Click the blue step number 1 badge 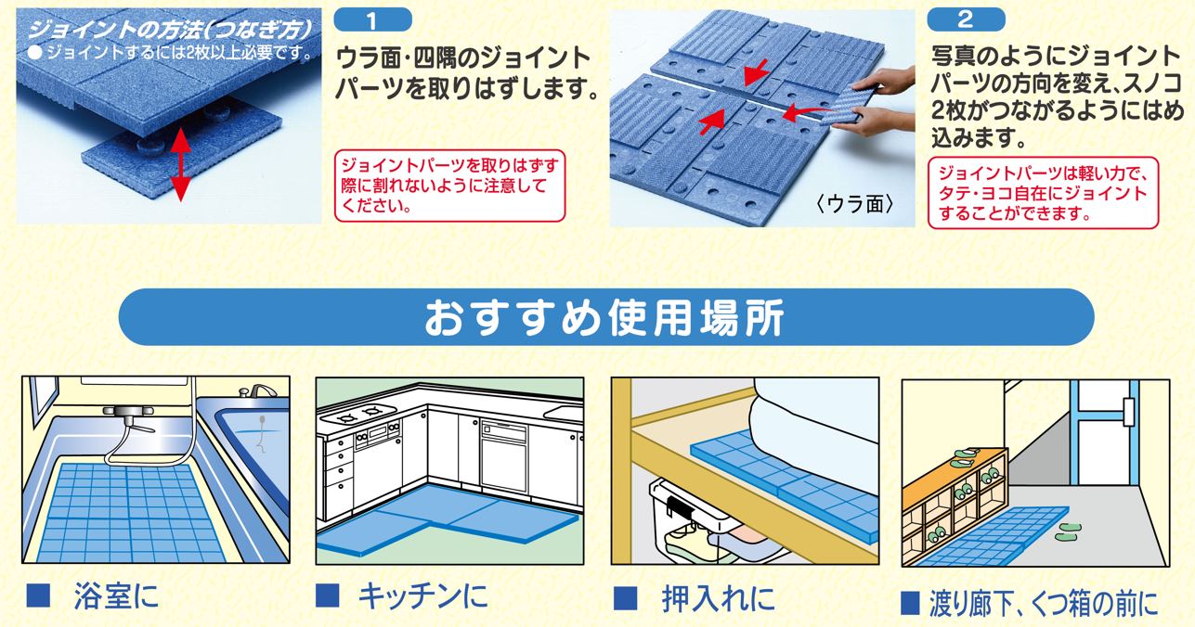point(372,20)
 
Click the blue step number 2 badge point(966,20)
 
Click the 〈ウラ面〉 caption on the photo point(854,203)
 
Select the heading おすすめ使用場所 point(604,317)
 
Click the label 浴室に point(116,595)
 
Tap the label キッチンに point(423,595)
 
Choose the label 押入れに point(718,599)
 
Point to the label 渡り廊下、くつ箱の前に point(1044,603)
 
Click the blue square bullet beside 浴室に point(38,595)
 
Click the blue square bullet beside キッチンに point(328,595)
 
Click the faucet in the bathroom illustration point(258,391)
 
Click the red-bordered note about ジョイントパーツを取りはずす point(449,186)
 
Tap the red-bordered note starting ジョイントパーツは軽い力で point(1044,193)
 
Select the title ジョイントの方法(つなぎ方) point(169,30)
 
